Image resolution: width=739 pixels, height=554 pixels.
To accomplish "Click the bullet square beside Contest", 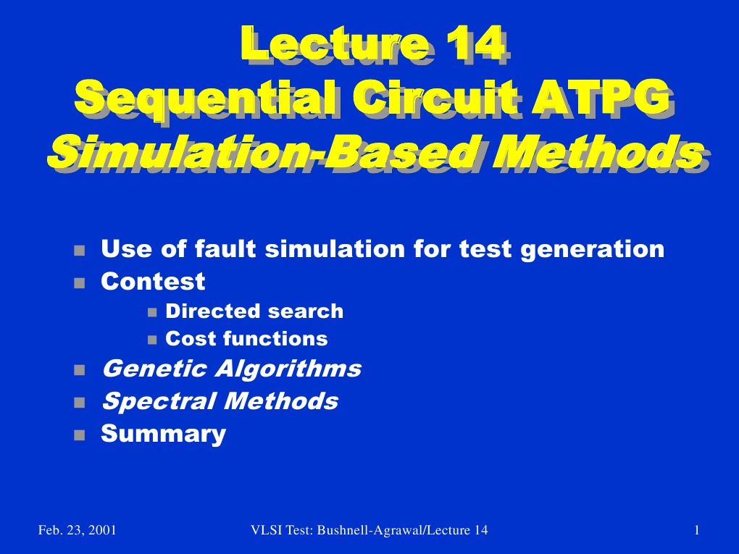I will point(79,281).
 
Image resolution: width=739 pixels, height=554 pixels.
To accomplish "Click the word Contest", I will point(153,280).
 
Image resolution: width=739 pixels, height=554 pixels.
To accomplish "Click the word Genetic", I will point(152,369).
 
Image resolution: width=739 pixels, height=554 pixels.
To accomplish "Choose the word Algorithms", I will point(288,369).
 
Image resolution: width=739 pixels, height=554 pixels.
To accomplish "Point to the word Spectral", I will point(157,400).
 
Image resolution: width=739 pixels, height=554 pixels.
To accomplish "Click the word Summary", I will point(163,434).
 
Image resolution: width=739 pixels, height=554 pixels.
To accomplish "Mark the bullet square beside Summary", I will point(79,435).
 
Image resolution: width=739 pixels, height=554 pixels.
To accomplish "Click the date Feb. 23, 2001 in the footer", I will point(77,531).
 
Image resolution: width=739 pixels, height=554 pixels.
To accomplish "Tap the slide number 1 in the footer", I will point(696,531).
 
